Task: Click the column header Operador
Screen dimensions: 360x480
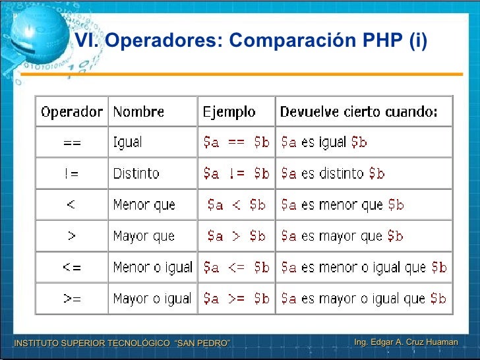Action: [72, 112]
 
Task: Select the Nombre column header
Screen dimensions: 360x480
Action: [138, 112]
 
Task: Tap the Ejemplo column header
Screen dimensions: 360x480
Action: [229, 112]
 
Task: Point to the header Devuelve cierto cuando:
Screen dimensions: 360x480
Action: [359, 112]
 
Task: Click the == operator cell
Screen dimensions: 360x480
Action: [72, 142]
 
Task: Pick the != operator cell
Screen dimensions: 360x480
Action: [72, 173]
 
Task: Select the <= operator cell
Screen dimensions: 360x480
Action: [72, 268]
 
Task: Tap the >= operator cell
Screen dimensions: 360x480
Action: [72, 299]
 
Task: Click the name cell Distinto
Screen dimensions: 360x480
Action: [136, 173]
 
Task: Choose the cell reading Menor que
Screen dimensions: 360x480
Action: [144, 205]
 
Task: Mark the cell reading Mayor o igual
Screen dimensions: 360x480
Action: [152, 299]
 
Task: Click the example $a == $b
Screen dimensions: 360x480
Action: [236, 142]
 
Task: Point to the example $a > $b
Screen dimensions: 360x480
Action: [236, 236]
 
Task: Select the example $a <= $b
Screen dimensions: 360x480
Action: [236, 268]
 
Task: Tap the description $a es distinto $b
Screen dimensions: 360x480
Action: [333, 173]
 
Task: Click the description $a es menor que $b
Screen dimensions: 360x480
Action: [342, 205]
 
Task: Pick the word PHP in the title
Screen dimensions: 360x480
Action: [382, 41]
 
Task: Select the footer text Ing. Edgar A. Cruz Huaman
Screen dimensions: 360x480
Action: [405, 342]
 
